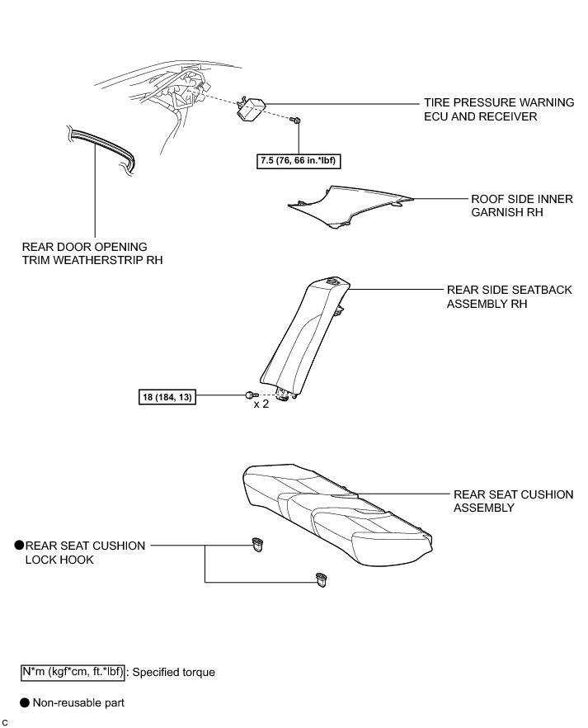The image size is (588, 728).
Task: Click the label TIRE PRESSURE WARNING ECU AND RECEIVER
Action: tap(498, 110)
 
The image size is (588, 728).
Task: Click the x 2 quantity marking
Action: tap(261, 404)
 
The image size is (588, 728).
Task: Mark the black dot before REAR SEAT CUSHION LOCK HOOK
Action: tap(18, 546)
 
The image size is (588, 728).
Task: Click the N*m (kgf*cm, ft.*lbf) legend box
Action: tap(73, 672)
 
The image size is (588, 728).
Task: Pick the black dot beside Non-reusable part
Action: tap(26, 703)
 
